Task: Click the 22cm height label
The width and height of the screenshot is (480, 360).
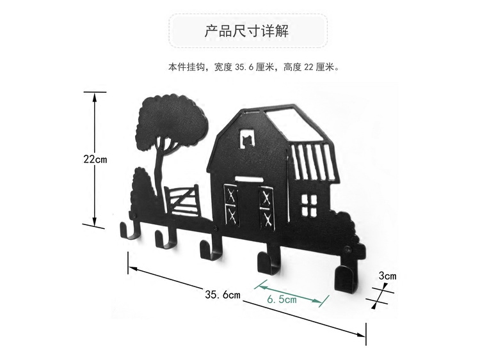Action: click(95, 159)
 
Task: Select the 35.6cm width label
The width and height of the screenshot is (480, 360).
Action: click(222, 295)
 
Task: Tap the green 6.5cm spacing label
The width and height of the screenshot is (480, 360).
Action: click(282, 299)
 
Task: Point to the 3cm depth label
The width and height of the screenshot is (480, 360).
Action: click(388, 276)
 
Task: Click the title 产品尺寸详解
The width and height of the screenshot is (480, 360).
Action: click(248, 31)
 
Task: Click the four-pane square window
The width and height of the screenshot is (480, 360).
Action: click(309, 204)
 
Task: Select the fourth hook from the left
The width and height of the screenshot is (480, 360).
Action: click(265, 262)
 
